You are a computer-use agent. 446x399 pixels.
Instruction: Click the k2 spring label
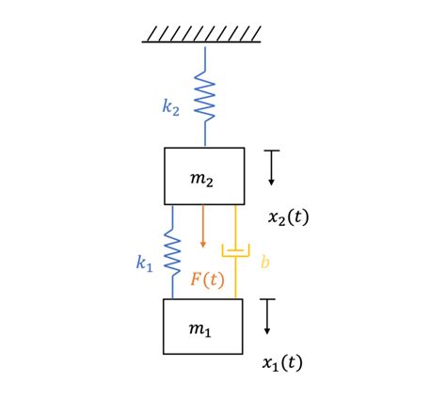pyautogui.click(x=170, y=107)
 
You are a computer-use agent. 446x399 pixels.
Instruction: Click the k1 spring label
pyautogui.click(x=144, y=264)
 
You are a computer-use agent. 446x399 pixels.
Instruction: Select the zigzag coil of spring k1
pyautogui.click(x=172, y=249)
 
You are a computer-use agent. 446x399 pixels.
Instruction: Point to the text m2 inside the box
pyautogui.click(x=202, y=181)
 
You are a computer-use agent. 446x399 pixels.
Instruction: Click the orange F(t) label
pyautogui.click(x=207, y=279)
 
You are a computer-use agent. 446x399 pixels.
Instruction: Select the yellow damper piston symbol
pyautogui.click(x=235, y=250)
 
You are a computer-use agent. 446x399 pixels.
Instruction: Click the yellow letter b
pyautogui.click(x=264, y=263)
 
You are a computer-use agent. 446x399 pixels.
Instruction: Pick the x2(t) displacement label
pyautogui.click(x=288, y=217)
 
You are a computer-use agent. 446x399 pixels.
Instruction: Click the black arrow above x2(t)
pyautogui.click(x=271, y=168)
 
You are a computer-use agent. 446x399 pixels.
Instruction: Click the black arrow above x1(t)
pyautogui.click(x=268, y=317)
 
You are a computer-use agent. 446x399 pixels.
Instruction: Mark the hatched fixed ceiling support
pyautogui.click(x=202, y=35)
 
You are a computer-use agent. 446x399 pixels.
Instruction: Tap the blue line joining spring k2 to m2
pyautogui.click(x=204, y=134)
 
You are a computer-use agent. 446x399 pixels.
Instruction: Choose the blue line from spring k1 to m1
pyautogui.click(x=172, y=286)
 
